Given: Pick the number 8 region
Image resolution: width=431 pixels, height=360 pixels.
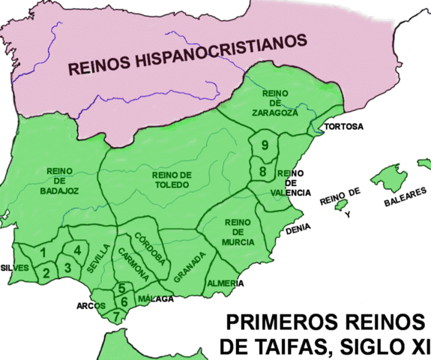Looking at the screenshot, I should pos(262,172).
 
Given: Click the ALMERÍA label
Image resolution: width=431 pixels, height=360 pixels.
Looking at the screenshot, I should pos(224,283).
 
